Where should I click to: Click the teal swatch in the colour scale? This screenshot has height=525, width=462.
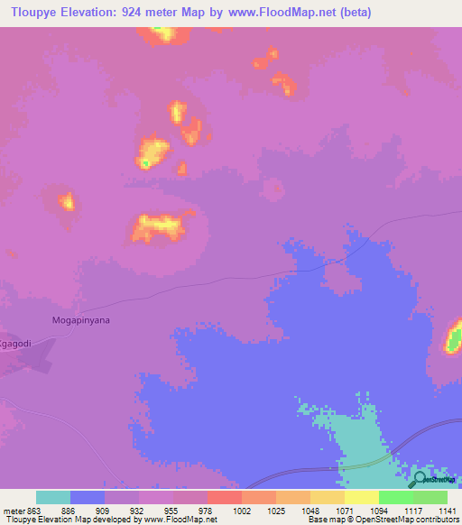(53, 497)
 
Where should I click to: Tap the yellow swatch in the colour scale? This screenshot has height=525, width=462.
(361, 497)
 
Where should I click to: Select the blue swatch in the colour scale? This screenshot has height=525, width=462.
(88, 497)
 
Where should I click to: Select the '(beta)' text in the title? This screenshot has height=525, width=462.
(351, 13)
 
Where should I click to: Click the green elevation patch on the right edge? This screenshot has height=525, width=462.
(454, 339)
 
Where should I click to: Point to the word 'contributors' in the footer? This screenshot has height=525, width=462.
(434, 520)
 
